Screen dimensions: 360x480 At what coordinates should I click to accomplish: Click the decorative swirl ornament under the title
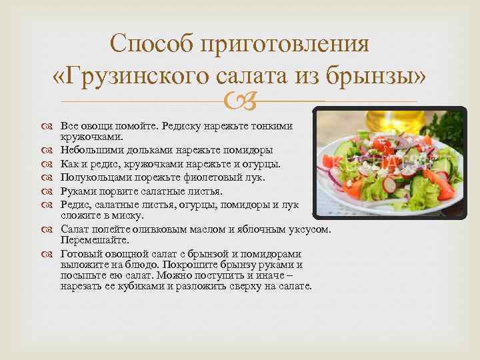click(239, 103)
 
